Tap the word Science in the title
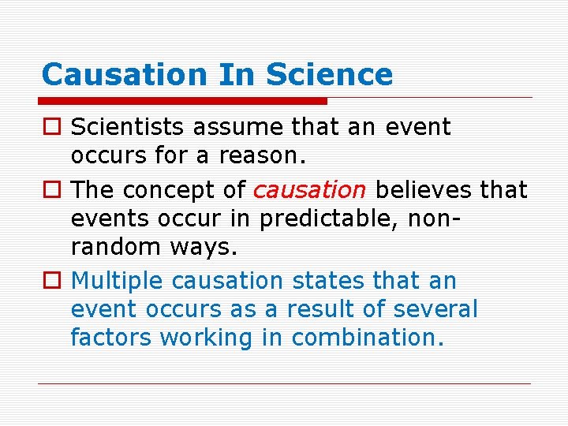point(329,75)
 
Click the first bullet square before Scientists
point(51,127)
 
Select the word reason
point(263,155)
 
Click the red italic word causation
point(309,190)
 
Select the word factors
point(111,337)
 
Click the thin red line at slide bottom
point(284,384)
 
